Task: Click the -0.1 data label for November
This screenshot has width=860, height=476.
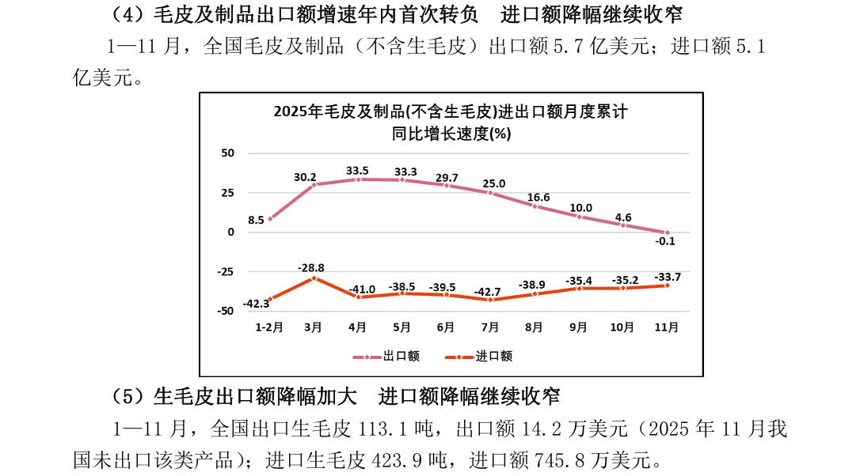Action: coord(668,242)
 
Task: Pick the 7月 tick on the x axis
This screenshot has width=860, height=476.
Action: coord(490,326)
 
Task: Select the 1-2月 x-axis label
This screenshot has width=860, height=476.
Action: coord(269,326)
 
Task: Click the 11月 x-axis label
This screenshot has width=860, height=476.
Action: coord(667,326)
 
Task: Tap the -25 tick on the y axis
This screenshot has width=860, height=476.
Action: coord(226,272)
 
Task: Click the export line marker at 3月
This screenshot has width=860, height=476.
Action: coord(314,184)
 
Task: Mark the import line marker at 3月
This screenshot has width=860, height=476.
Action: coord(314,278)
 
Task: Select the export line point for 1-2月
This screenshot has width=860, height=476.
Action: coord(270,219)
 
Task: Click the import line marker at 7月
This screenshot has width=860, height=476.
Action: coord(490,300)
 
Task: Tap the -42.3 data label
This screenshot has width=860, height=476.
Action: coord(257,304)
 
